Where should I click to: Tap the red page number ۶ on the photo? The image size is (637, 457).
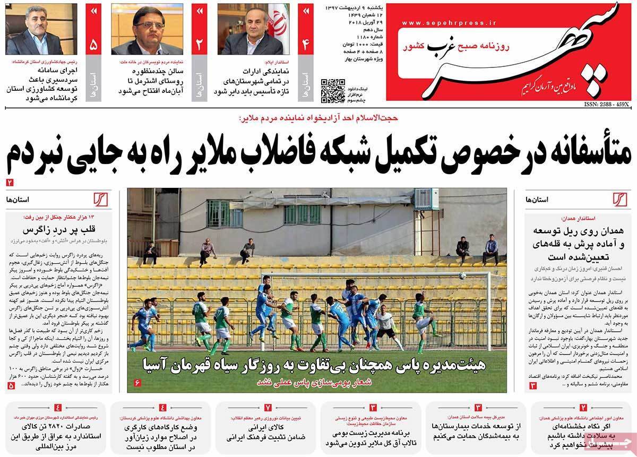pyautogui.click(x=136, y=383)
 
